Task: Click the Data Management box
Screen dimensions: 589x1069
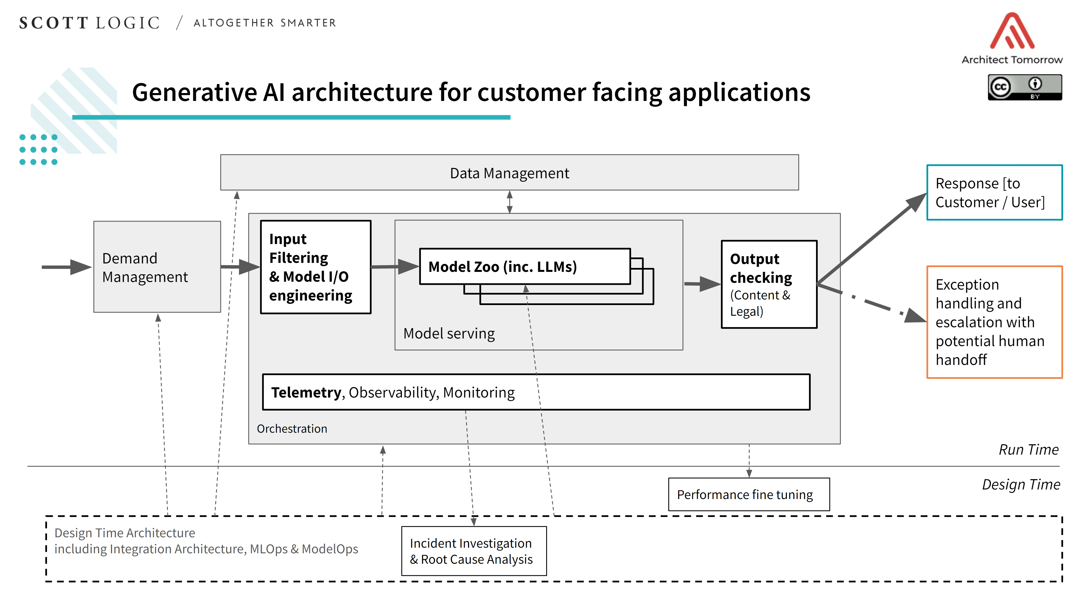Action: click(509, 173)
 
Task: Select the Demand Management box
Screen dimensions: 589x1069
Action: click(157, 267)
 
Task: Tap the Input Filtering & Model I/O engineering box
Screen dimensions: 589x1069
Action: click(315, 267)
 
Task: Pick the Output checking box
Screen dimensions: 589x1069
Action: click(768, 284)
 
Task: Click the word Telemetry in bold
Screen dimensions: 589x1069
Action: click(306, 392)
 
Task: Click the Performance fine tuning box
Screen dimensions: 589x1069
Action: click(748, 495)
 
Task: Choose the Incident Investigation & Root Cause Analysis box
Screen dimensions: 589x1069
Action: click(474, 551)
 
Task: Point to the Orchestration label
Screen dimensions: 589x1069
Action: click(292, 428)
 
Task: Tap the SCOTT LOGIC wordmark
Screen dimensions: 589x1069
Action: click(89, 23)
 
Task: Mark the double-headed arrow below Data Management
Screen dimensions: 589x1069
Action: click(510, 202)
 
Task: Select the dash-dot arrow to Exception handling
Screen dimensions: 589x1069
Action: click(871, 303)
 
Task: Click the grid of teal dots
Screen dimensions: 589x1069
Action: click(38, 149)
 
